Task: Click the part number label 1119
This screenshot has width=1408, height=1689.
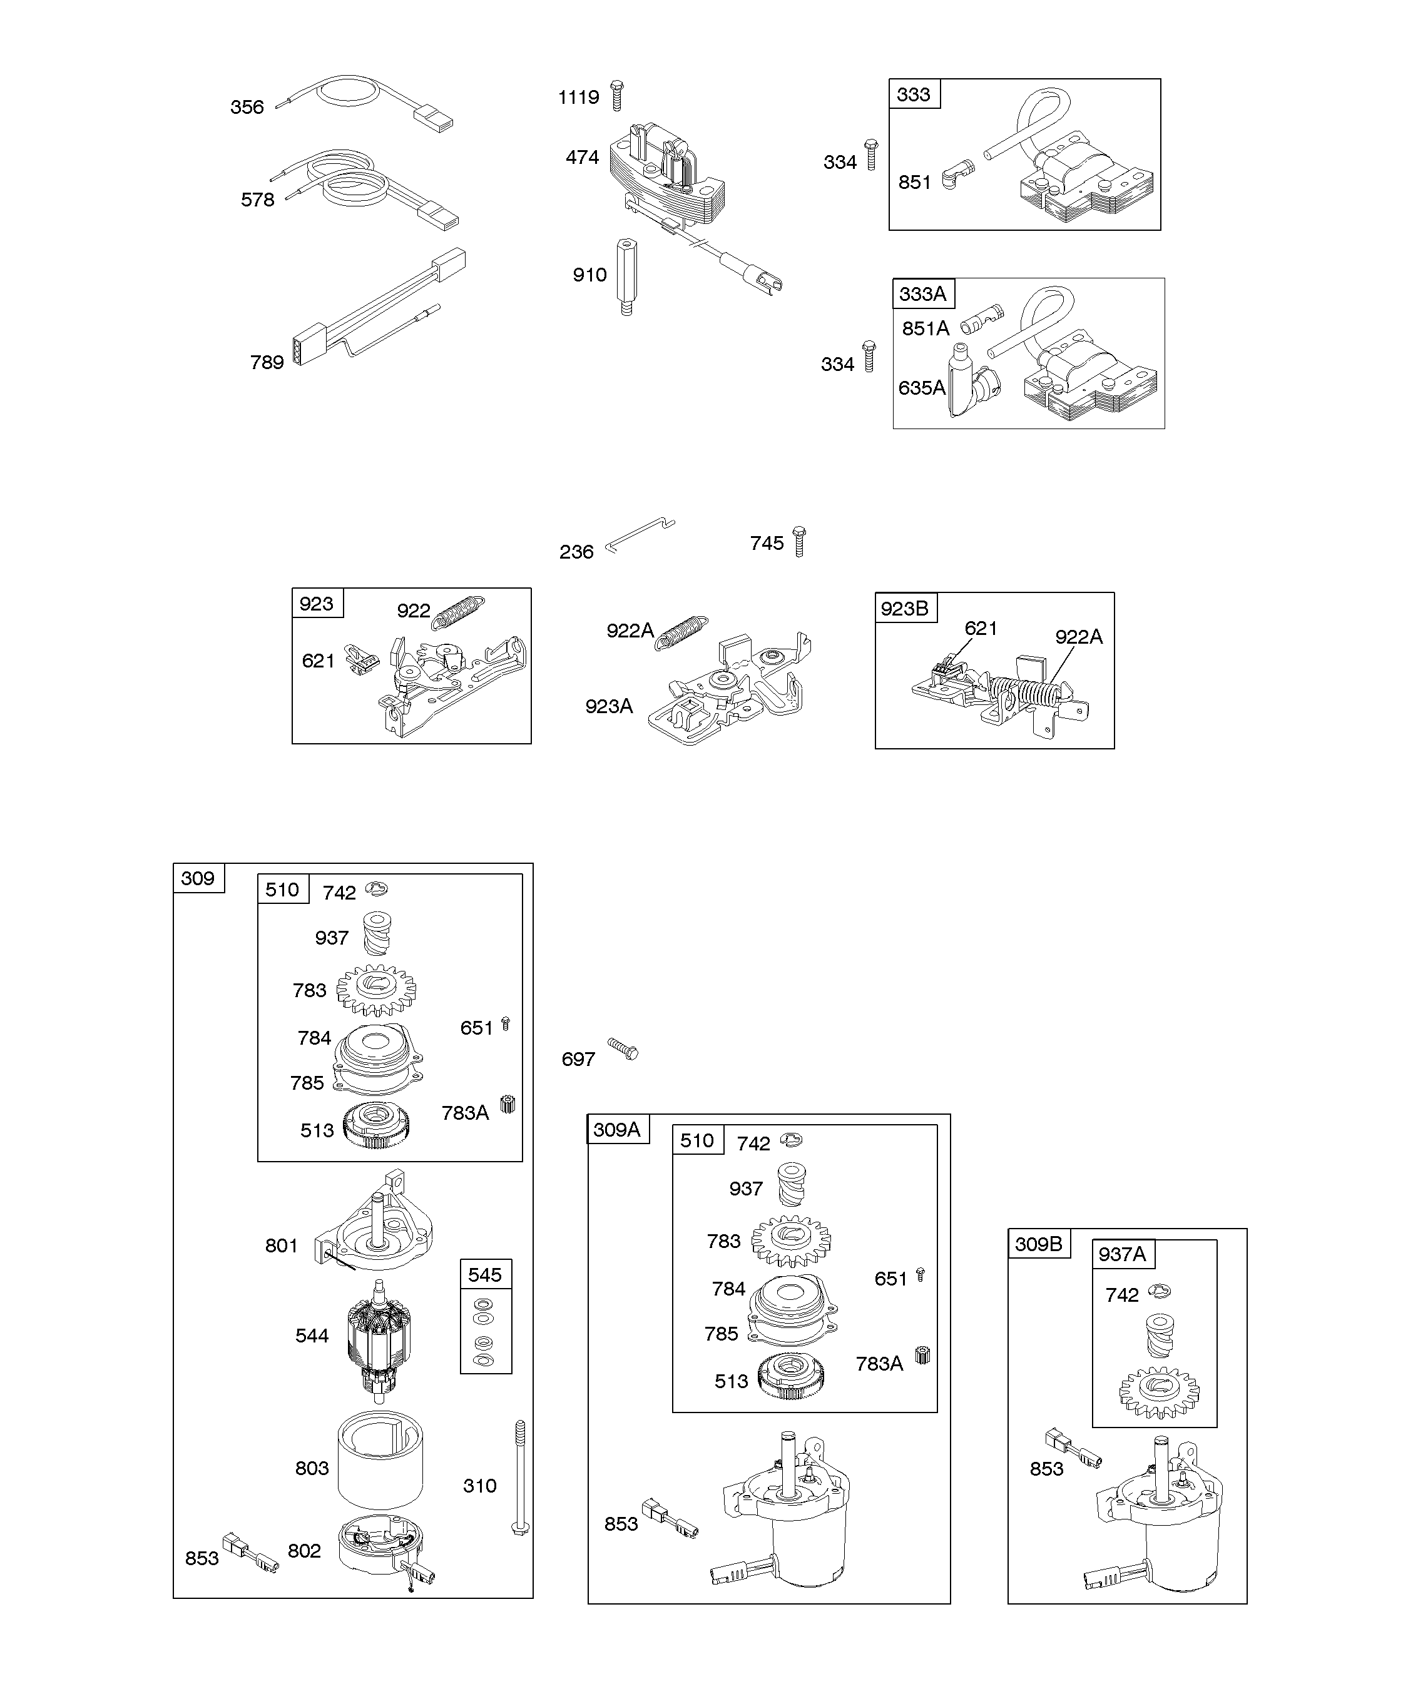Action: (x=578, y=98)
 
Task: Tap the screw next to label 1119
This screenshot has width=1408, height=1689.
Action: (x=617, y=95)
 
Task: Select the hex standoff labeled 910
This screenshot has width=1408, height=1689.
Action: (x=626, y=276)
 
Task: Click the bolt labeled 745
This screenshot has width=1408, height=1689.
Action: (x=799, y=541)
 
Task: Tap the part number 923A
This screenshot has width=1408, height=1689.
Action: (x=609, y=706)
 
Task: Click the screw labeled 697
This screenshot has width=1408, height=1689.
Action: (x=623, y=1048)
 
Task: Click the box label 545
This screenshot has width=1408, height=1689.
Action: (x=485, y=1275)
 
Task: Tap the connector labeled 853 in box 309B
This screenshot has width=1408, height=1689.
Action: (x=1073, y=1447)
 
